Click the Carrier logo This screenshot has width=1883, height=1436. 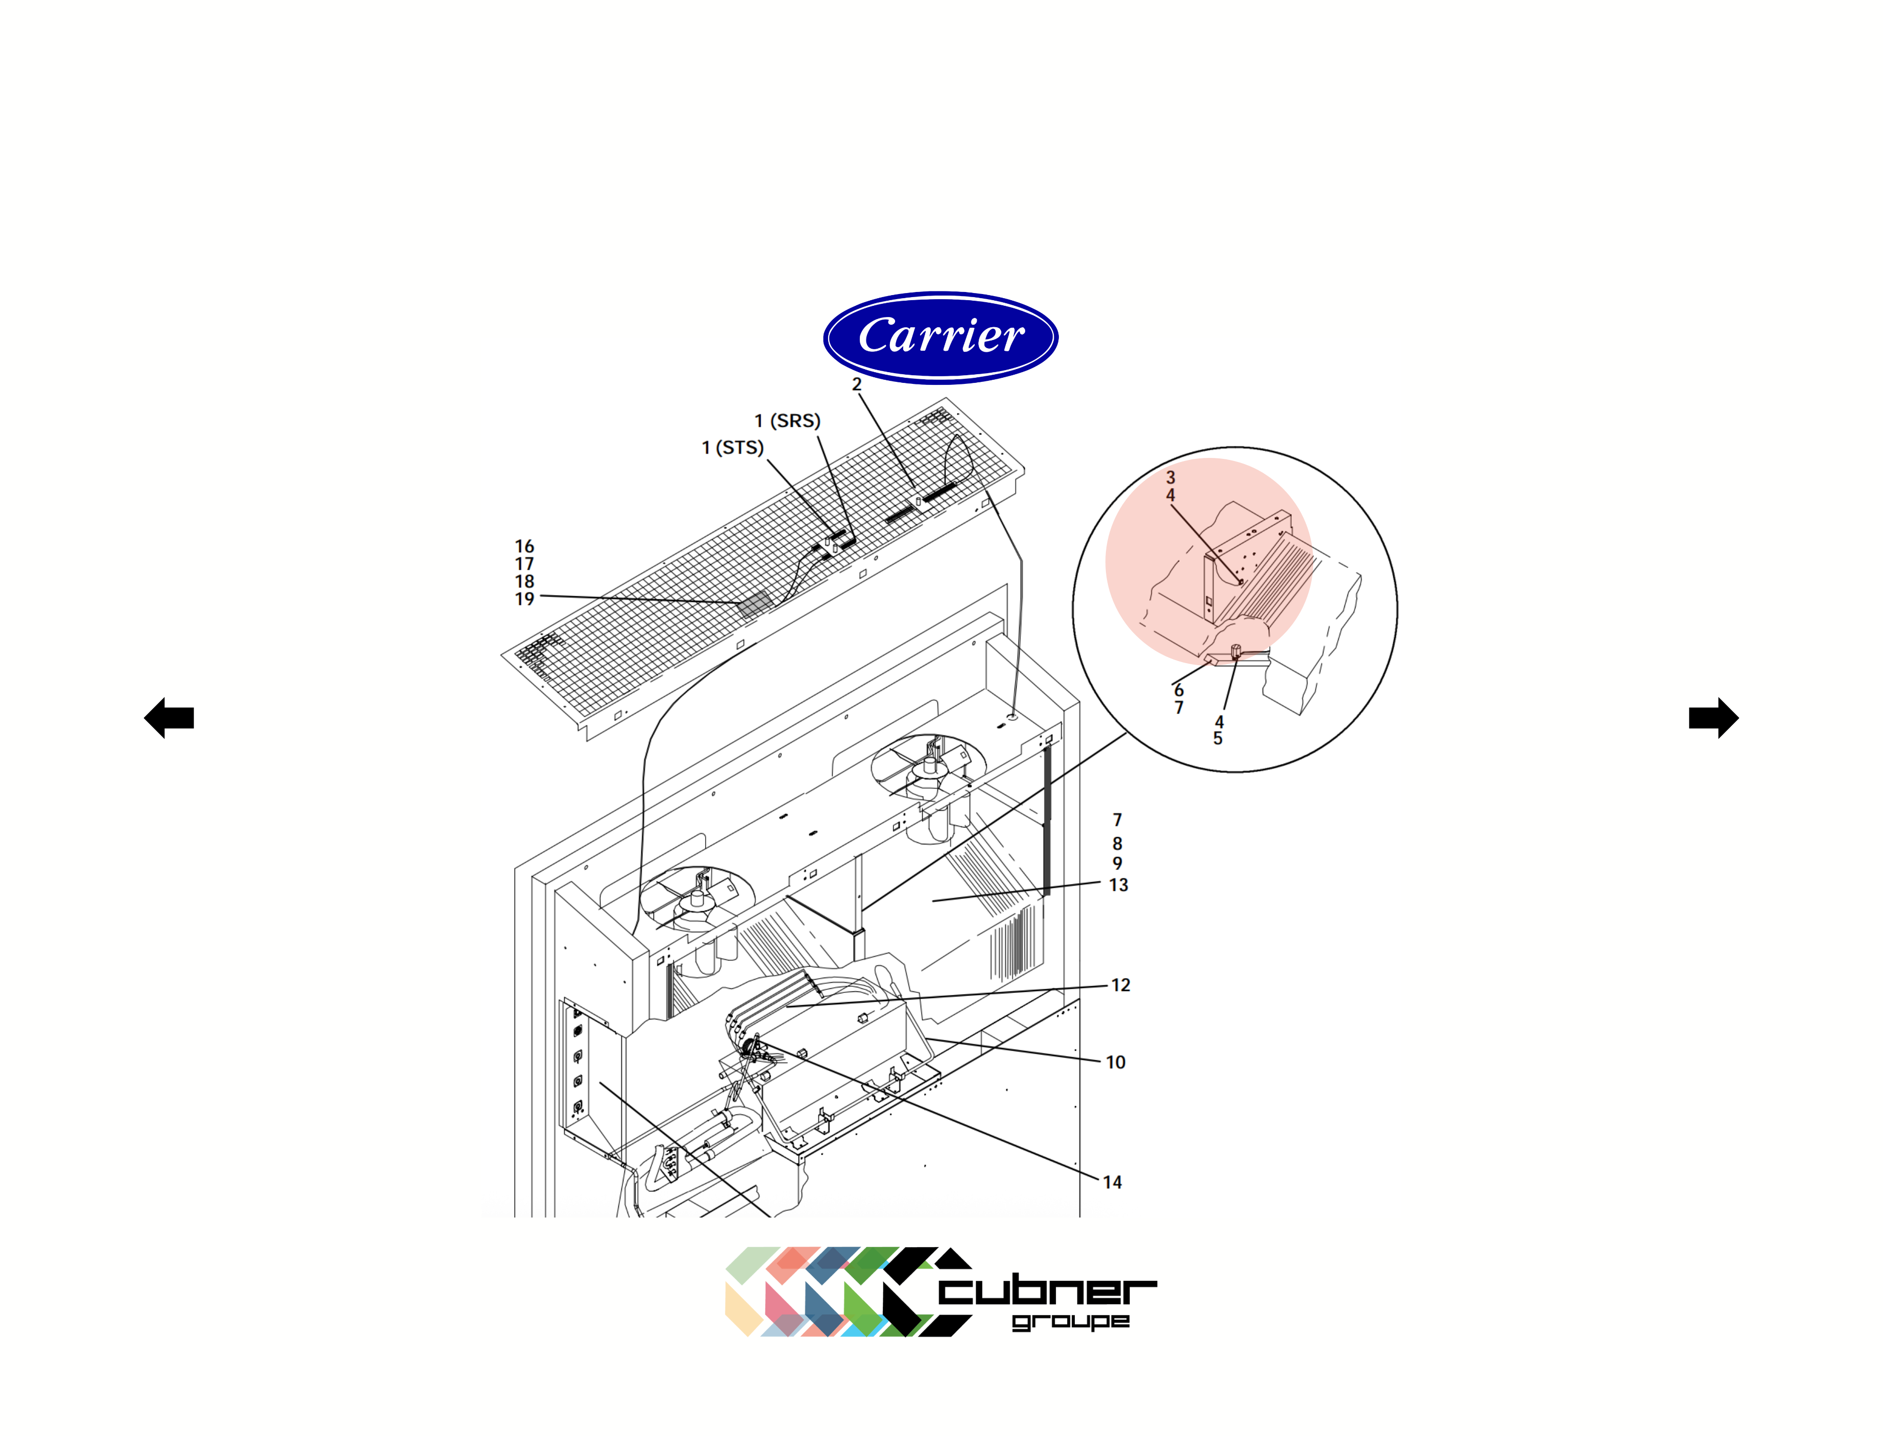(x=940, y=337)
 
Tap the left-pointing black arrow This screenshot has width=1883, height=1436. (x=169, y=717)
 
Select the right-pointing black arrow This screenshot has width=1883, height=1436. (x=1713, y=717)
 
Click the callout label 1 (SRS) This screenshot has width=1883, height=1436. (x=786, y=421)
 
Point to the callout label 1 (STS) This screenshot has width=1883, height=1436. (x=733, y=447)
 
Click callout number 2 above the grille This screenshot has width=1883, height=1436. (x=856, y=384)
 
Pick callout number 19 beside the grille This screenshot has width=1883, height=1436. (x=524, y=599)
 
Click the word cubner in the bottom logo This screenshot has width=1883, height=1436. (x=1047, y=1291)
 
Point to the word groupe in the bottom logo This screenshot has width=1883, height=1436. (x=1070, y=1322)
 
